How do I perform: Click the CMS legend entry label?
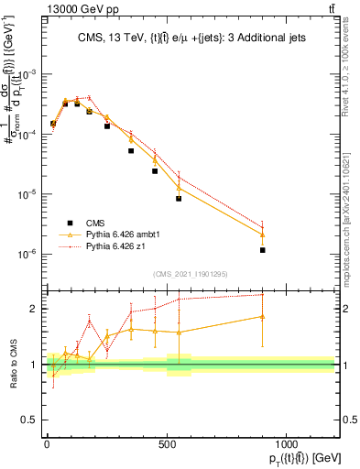click(x=95, y=222)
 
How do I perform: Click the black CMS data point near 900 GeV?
click(x=262, y=250)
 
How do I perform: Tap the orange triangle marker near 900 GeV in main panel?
click(x=262, y=234)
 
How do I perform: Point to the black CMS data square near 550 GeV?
click(x=179, y=199)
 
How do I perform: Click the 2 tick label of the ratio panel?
click(x=36, y=309)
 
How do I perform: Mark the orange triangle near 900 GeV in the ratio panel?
click(x=262, y=317)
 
